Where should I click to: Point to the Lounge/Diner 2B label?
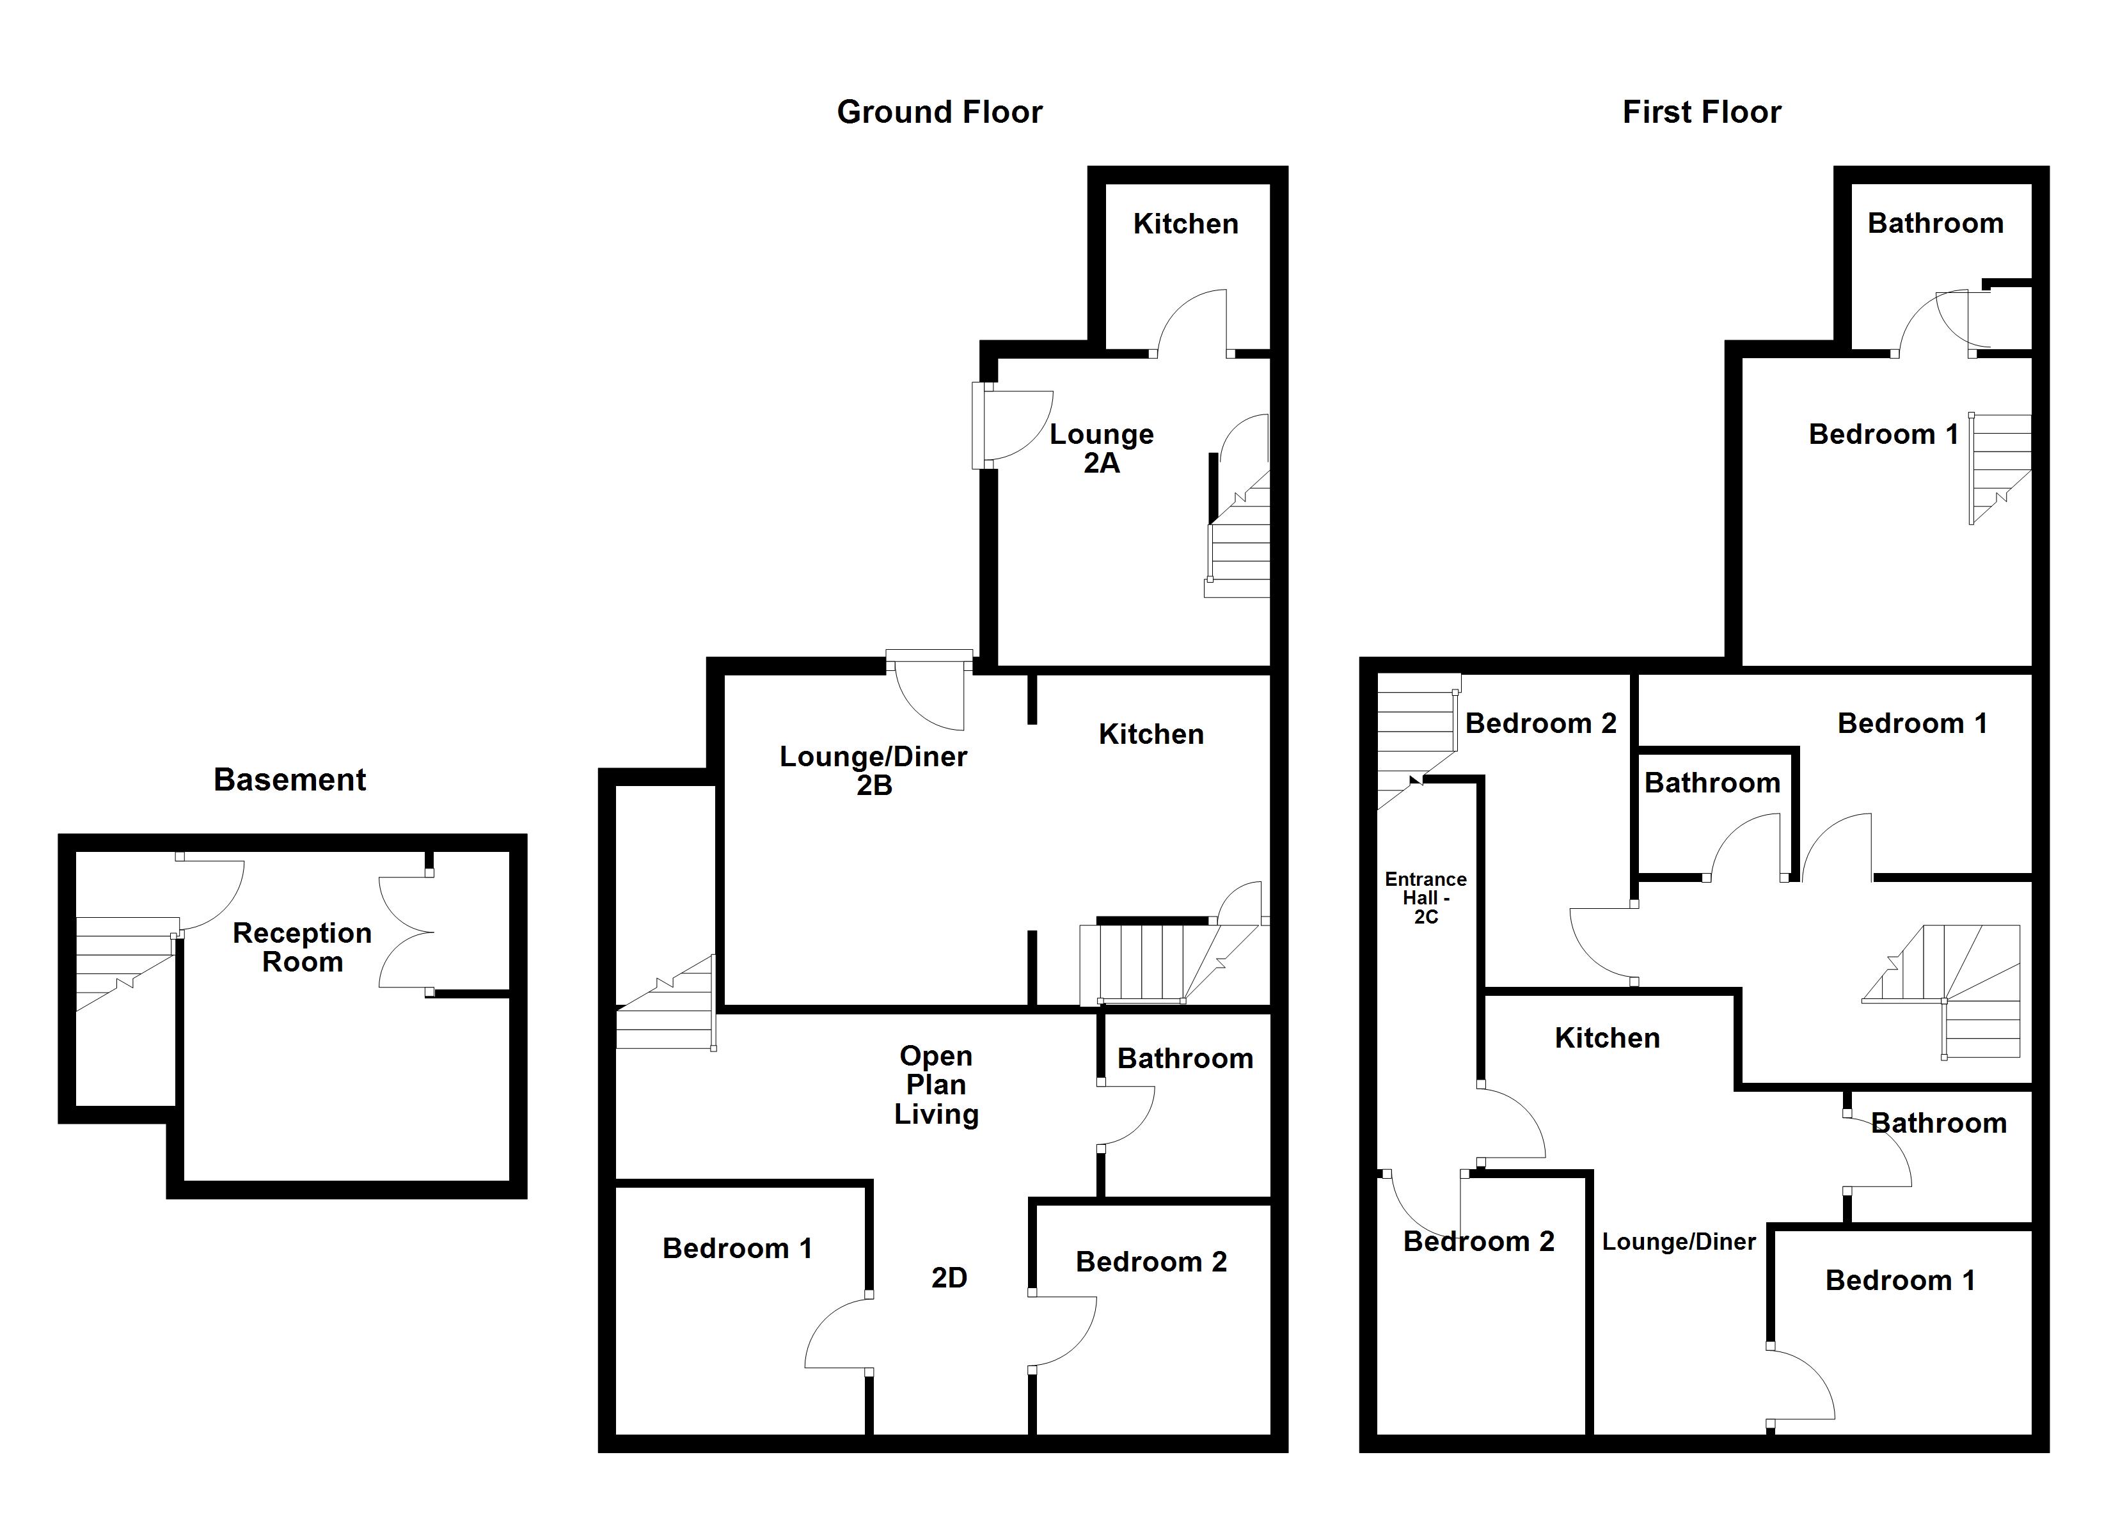(x=873, y=771)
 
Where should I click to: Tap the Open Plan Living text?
(x=937, y=1085)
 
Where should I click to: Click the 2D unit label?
(x=949, y=1278)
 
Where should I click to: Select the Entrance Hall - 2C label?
(x=1425, y=898)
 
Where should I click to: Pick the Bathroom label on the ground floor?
(x=1185, y=1059)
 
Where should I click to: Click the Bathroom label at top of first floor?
(x=1935, y=223)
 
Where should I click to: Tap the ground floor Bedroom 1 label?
(x=737, y=1248)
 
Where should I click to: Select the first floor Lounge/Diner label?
(x=1678, y=1242)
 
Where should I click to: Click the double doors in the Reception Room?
(x=406, y=932)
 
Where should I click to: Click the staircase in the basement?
(x=124, y=961)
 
